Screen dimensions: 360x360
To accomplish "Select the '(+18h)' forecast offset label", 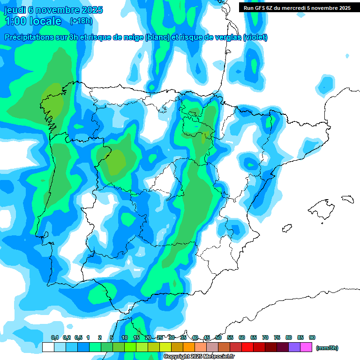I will tap(81, 21).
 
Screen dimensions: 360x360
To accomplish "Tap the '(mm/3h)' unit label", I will tap(327, 348).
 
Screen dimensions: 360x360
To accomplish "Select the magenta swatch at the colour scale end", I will tap(306, 347).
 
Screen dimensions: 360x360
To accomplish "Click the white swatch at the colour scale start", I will tap(48, 347).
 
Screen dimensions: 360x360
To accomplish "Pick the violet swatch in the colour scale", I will tap(294, 347).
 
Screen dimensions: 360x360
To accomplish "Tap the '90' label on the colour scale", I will tap(312, 338).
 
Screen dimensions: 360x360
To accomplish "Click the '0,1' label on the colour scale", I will tap(54, 338).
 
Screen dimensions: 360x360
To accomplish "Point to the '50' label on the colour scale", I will tap(218, 338).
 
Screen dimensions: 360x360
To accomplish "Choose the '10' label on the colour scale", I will tap(125, 338).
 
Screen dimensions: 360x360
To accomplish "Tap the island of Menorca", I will tap(347, 199).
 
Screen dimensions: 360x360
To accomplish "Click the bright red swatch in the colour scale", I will tap(247, 347).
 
